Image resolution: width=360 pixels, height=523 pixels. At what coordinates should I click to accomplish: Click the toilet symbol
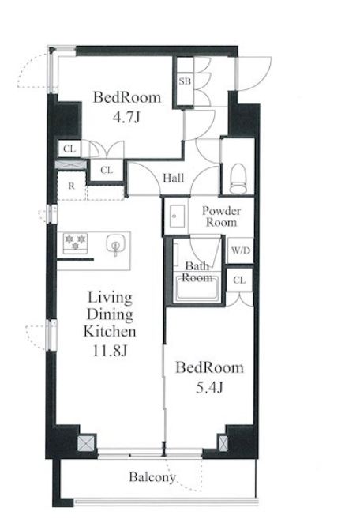238,178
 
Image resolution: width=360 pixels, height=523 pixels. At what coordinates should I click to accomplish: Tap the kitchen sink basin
115,244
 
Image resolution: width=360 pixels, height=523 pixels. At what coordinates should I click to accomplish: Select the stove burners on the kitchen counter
75,242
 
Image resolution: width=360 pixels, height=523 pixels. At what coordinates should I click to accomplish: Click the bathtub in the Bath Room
197,289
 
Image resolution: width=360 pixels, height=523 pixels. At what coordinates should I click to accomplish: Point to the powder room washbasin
177,216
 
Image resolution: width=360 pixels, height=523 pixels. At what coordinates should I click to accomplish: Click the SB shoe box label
185,81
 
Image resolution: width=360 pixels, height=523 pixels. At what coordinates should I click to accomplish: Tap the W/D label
240,250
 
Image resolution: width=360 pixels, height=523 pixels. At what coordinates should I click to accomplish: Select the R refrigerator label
71,186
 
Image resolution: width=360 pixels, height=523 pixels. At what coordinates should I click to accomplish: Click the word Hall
174,178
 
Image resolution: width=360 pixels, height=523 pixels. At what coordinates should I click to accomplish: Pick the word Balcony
152,477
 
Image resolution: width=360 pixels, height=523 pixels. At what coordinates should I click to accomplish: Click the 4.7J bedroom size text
126,118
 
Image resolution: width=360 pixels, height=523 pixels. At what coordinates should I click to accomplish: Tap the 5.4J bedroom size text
209,388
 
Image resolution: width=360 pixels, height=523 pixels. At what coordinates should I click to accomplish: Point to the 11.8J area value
110,351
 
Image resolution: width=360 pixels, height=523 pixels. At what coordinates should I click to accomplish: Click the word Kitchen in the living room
109,331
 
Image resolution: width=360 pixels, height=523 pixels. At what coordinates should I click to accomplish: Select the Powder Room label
221,216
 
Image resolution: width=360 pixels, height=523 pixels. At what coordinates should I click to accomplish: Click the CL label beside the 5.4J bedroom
239,280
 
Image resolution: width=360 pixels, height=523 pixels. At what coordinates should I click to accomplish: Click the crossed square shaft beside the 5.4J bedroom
223,444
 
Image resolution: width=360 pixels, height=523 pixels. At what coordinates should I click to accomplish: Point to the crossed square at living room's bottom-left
86,444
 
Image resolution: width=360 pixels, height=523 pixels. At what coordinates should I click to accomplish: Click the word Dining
110,314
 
